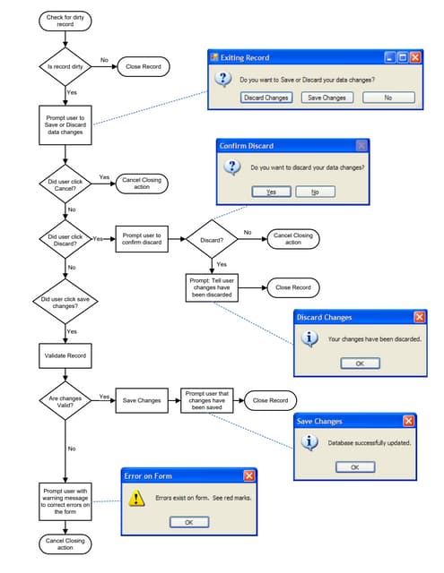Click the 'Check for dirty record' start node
[x=65, y=20]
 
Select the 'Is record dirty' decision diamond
[x=65, y=65]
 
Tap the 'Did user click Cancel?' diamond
[x=65, y=186]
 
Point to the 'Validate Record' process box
[x=65, y=355]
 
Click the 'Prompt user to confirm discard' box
[x=142, y=239]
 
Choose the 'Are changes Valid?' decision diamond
[x=65, y=400]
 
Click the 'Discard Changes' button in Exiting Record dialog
[x=266, y=98]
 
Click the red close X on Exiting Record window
[x=415, y=57]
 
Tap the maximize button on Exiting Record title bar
[x=403, y=57]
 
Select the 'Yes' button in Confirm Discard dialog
[x=271, y=192]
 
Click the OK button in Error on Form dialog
[x=189, y=522]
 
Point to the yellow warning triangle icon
[x=137, y=498]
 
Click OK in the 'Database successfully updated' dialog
[x=354, y=466]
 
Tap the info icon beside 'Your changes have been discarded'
[x=309, y=339]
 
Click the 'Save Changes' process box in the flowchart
[x=142, y=400]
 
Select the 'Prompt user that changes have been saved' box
[x=207, y=400]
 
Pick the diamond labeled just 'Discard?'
[x=212, y=239]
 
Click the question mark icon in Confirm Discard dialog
[x=231, y=167]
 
